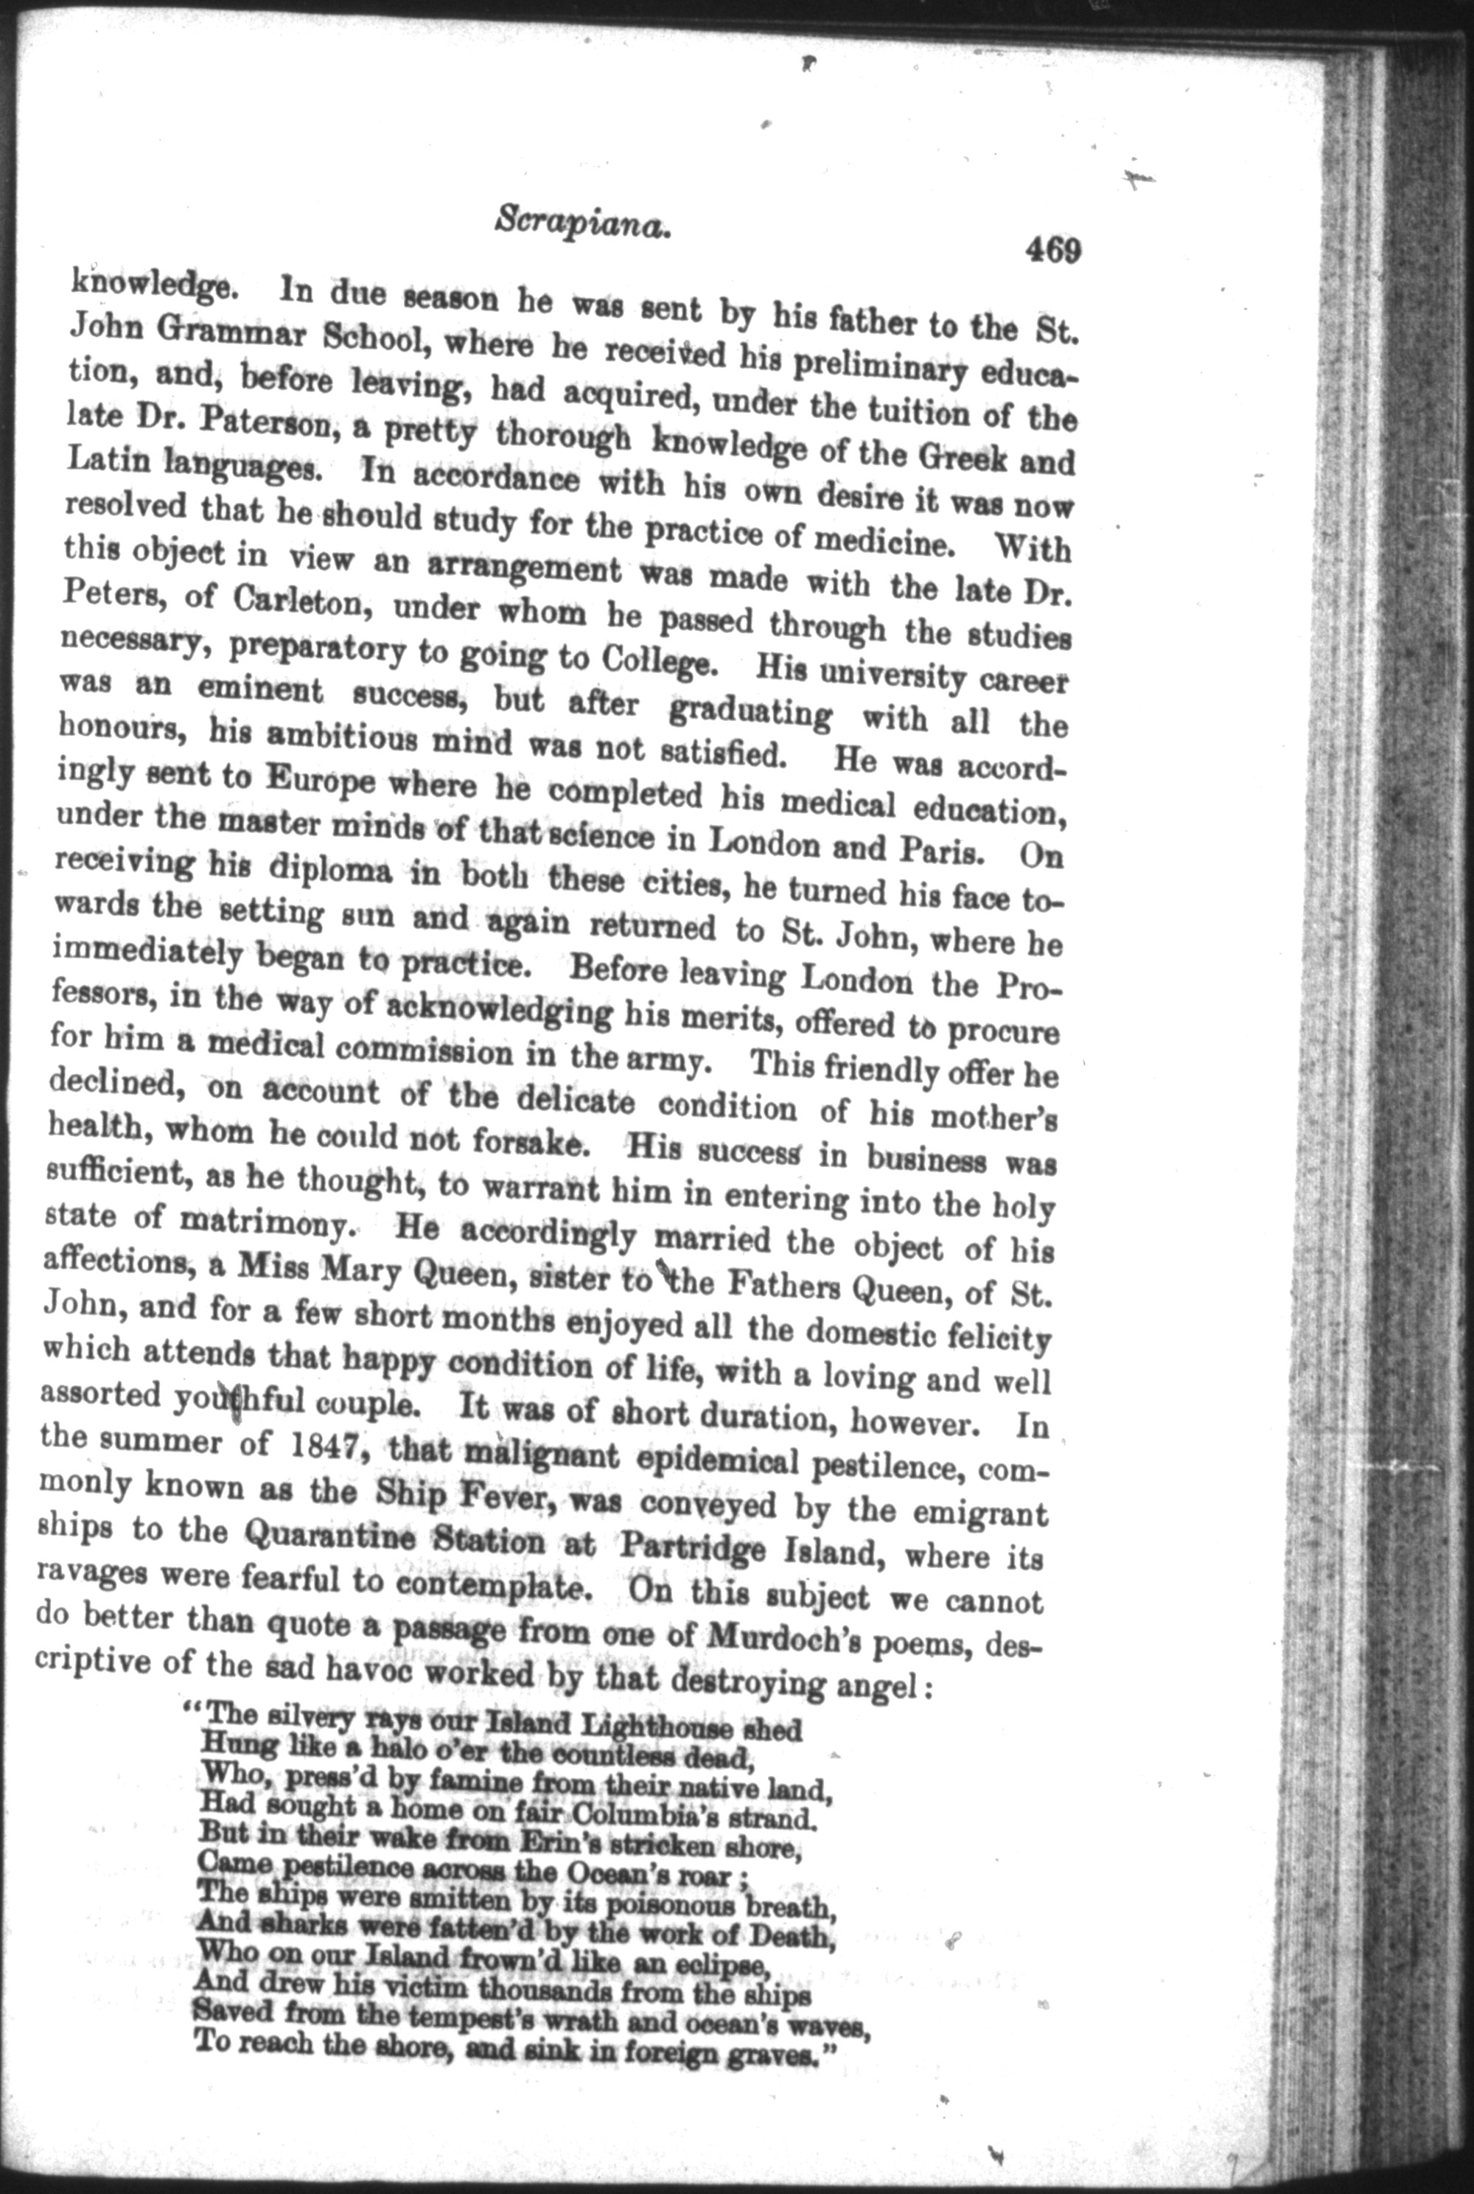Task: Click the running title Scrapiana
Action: (580, 226)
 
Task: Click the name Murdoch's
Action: (777, 1641)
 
